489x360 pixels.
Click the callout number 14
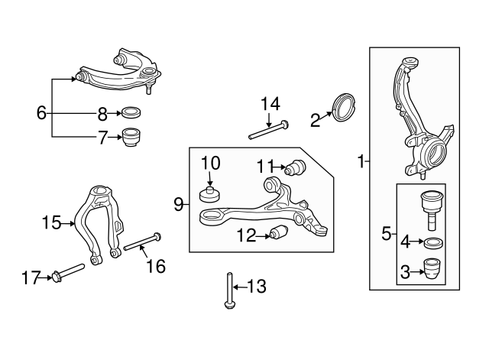click(270, 103)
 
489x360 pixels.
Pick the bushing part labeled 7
click(133, 138)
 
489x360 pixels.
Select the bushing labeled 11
click(294, 167)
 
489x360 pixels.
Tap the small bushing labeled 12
click(279, 232)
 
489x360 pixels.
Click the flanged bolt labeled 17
click(68, 271)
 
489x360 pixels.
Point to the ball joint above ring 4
click(430, 205)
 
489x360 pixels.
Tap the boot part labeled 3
click(431, 269)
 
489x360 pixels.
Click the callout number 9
click(179, 204)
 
